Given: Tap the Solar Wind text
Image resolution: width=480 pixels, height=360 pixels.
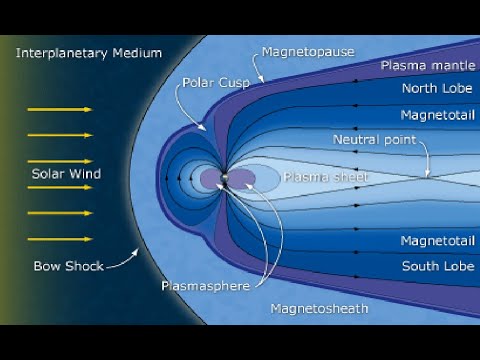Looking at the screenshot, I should coord(66,174).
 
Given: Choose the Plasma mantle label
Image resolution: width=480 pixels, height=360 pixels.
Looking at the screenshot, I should coord(424,65).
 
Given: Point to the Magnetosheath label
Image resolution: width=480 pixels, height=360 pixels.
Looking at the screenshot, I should coord(319,308).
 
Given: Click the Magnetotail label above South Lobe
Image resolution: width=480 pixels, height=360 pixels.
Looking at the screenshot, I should coord(432,241).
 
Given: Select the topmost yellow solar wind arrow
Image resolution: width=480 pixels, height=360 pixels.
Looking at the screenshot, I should coord(60,108).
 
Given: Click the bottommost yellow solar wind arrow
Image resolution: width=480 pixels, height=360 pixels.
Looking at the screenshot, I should coord(60,239).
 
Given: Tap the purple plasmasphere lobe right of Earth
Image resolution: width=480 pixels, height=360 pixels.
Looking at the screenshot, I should coord(243,179).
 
